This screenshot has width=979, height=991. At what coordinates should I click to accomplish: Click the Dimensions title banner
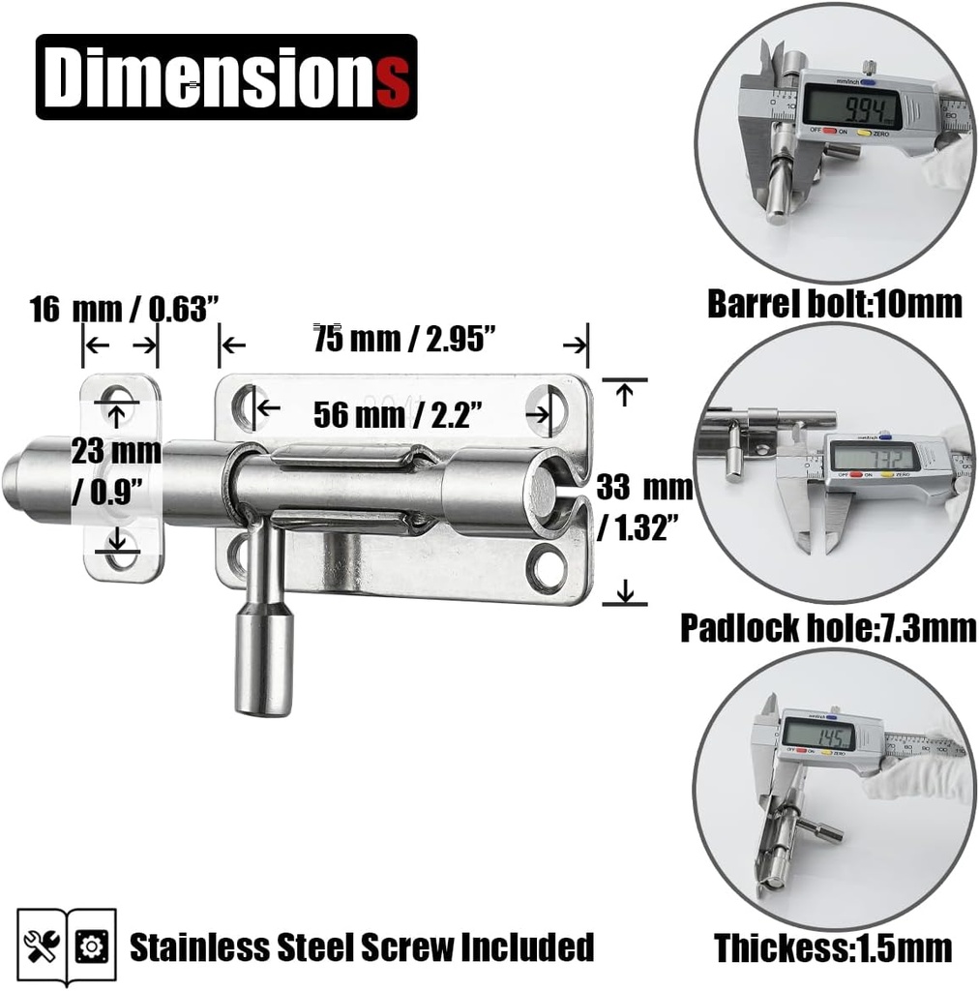click(x=226, y=76)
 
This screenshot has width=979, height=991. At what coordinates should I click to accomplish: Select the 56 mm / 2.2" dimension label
click(x=397, y=414)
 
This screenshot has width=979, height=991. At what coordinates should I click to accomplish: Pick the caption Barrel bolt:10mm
click(x=835, y=304)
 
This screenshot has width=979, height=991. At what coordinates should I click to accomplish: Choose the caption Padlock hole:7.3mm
click(x=828, y=628)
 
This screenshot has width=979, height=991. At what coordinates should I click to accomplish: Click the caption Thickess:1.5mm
click(x=833, y=947)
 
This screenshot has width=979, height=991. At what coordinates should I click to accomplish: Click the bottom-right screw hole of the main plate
click(x=547, y=568)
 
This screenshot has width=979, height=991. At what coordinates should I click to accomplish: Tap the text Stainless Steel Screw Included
click(x=361, y=946)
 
